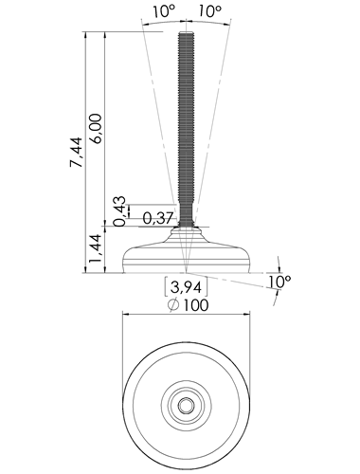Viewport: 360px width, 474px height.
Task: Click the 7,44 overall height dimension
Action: pos(77,152)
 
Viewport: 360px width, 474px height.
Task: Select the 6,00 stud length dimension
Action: pos(96,129)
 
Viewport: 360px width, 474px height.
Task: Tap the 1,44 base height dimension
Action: pos(96,248)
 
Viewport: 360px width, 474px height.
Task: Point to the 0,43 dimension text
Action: pos(119,211)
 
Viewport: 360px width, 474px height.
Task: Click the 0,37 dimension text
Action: pos(158,218)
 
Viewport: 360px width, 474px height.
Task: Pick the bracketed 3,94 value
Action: pos(186,287)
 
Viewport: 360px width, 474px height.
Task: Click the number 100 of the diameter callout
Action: pos(196,305)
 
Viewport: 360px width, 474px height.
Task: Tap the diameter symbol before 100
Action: pos(173,305)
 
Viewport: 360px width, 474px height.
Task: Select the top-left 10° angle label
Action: pos(164,11)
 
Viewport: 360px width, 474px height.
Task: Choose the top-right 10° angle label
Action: pos(210,11)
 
